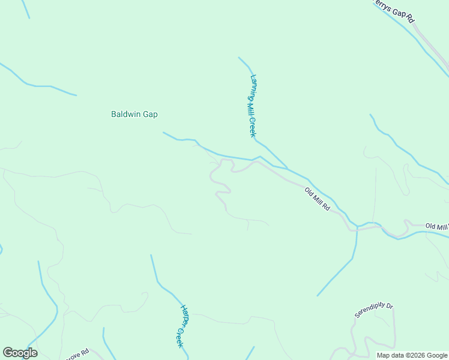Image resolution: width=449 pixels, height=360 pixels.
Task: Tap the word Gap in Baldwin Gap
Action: (151, 114)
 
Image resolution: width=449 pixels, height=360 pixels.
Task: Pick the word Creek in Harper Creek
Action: (179, 337)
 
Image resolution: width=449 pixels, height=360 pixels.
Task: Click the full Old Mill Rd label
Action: (317, 199)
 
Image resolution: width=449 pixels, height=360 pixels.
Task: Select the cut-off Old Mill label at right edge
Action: (436, 226)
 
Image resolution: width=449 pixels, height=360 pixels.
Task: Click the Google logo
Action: (20, 353)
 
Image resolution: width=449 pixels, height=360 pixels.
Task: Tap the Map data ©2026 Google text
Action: (412, 355)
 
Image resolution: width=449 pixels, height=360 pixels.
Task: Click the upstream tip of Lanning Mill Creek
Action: (239, 58)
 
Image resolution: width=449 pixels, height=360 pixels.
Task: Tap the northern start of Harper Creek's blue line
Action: (151, 256)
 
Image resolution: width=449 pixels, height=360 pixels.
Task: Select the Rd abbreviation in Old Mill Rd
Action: (326, 208)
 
